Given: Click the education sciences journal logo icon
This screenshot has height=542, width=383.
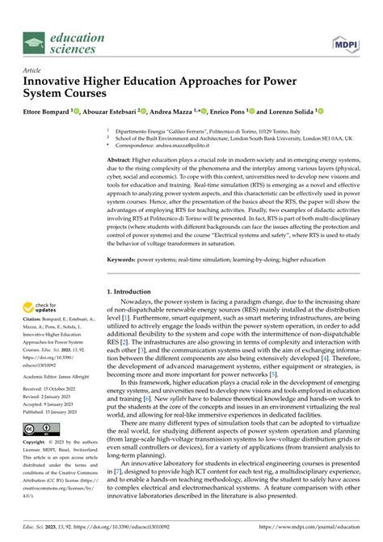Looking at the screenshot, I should point(34,42).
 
